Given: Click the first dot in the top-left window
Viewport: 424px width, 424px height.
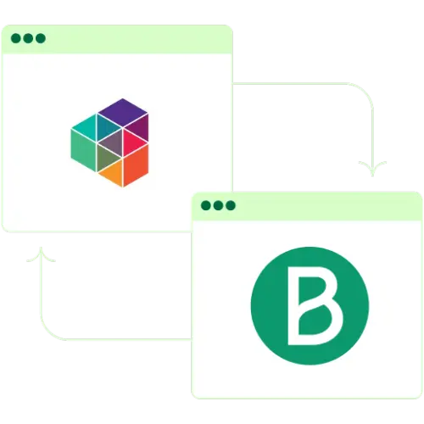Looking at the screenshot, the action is click(x=16, y=38).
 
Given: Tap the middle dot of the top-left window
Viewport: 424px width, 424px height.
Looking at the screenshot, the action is click(x=28, y=38).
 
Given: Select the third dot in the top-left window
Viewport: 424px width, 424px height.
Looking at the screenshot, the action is click(x=41, y=38).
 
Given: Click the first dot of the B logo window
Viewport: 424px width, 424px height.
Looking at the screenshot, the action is click(x=206, y=205).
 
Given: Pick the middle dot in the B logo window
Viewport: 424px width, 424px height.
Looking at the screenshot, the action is click(x=218, y=205).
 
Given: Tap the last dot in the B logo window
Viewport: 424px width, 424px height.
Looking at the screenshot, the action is click(x=231, y=205).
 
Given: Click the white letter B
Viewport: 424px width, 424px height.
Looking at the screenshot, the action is click(x=293, y=306).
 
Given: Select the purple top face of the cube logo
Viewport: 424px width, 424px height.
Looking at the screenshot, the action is click(x=123, y=113).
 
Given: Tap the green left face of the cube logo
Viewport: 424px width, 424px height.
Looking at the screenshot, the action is click(x=83, y=150).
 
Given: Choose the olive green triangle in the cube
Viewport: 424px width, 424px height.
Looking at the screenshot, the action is click(x=107, y=158).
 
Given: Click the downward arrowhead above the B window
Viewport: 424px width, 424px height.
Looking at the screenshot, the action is click(x=372, y=169).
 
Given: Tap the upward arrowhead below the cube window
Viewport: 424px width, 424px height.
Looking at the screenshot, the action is click(x=41, y=254).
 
